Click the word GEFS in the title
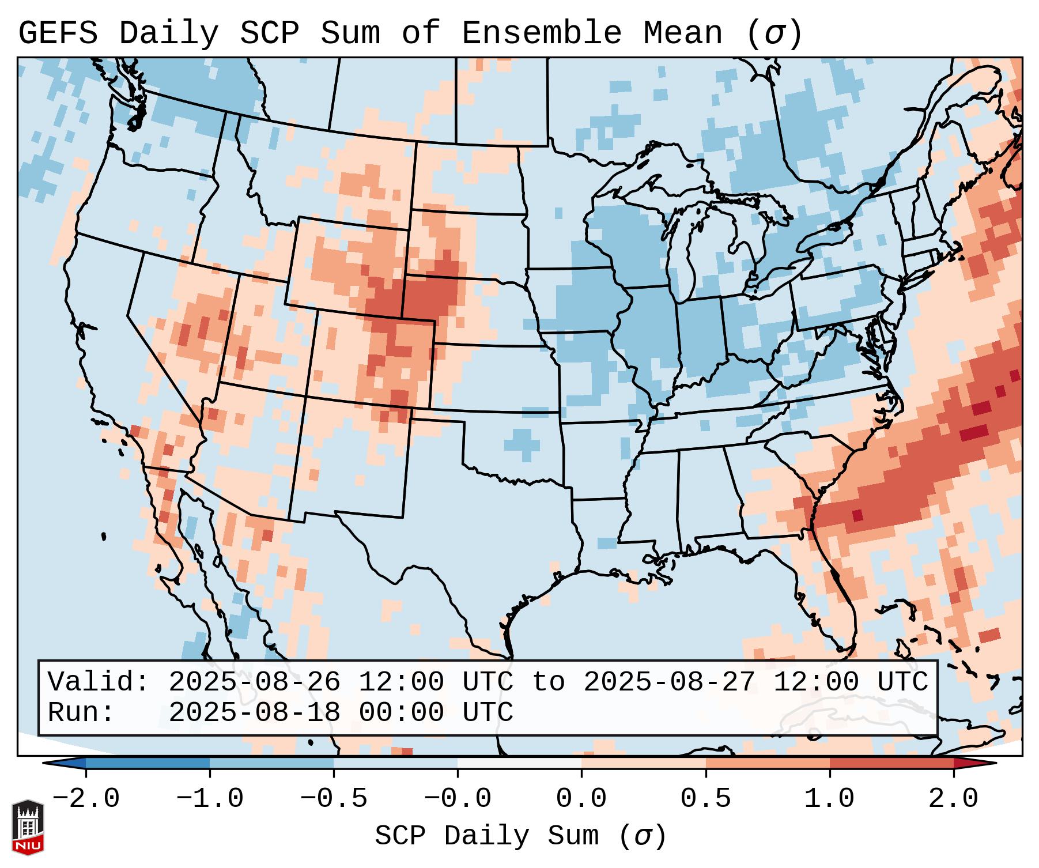click(58, 33)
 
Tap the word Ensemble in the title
click(541, 33)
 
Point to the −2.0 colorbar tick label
click(86, 799)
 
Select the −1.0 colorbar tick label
click(210, 799)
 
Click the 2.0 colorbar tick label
click(954, 799)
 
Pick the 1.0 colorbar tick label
click(830, 799)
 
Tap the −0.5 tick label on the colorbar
click(334, 799)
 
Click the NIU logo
click(28, 827)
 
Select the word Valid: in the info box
click(99, 682)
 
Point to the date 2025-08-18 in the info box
click(254, 713)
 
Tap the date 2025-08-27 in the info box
click(669, 682)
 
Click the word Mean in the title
click(682, 33)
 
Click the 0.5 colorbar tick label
click(706, 799)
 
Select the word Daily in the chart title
click(168, 33)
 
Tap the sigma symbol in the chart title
click(774, 34)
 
